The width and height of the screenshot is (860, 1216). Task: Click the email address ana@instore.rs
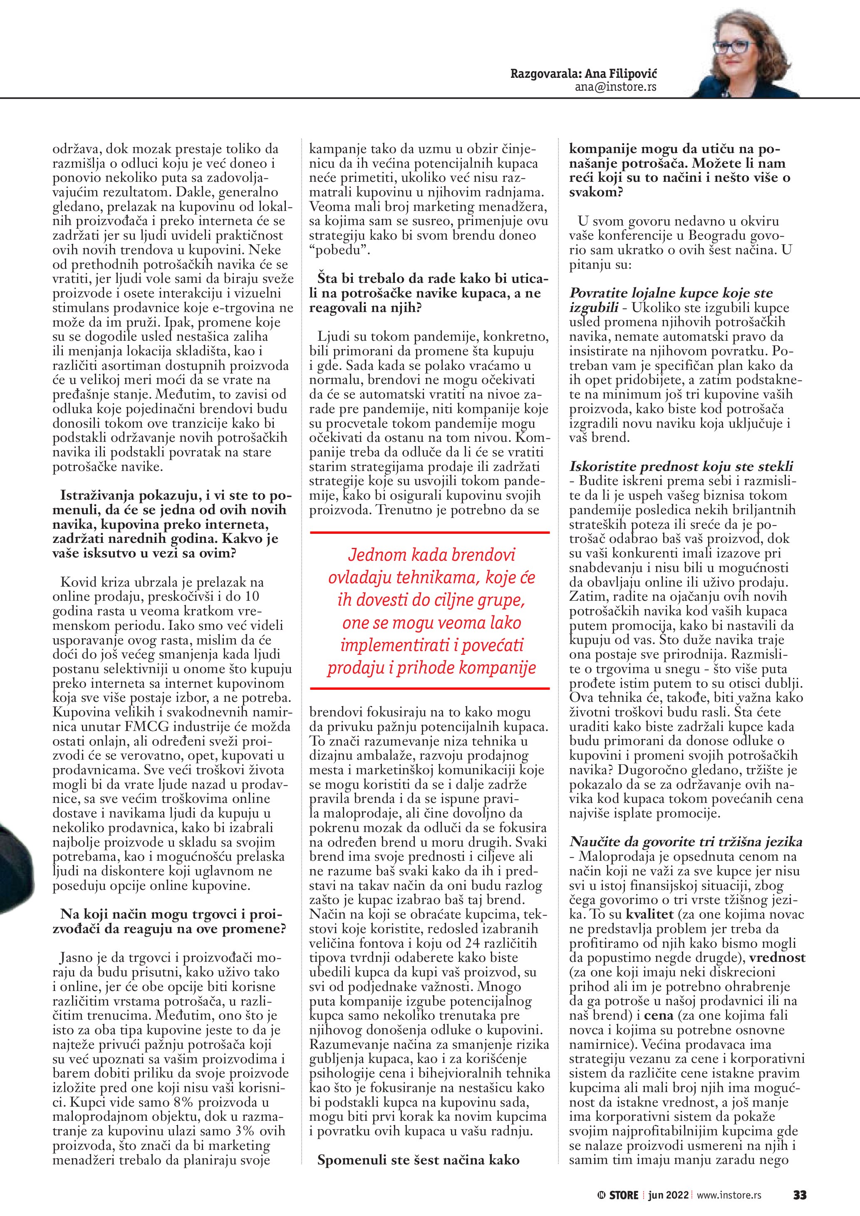pos(615,87)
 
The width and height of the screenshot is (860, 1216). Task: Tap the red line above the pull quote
pos(429,531)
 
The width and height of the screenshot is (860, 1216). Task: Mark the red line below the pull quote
pos(429,688)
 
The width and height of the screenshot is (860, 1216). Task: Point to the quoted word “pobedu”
pos(339,250)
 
